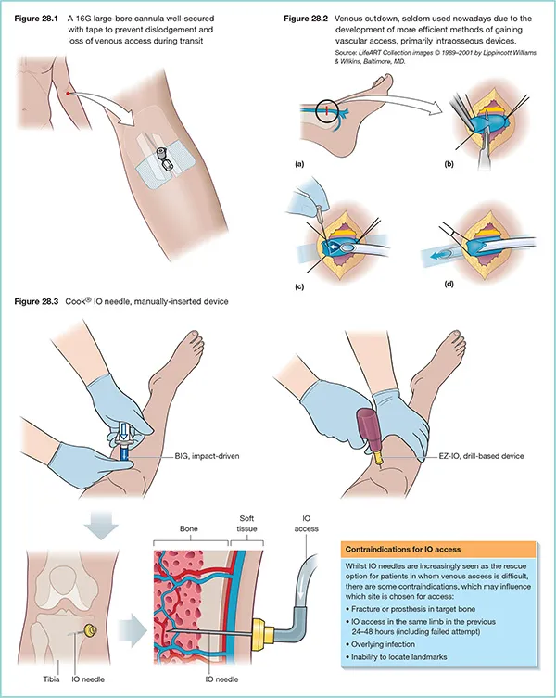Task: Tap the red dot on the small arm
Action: [69, 93]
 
